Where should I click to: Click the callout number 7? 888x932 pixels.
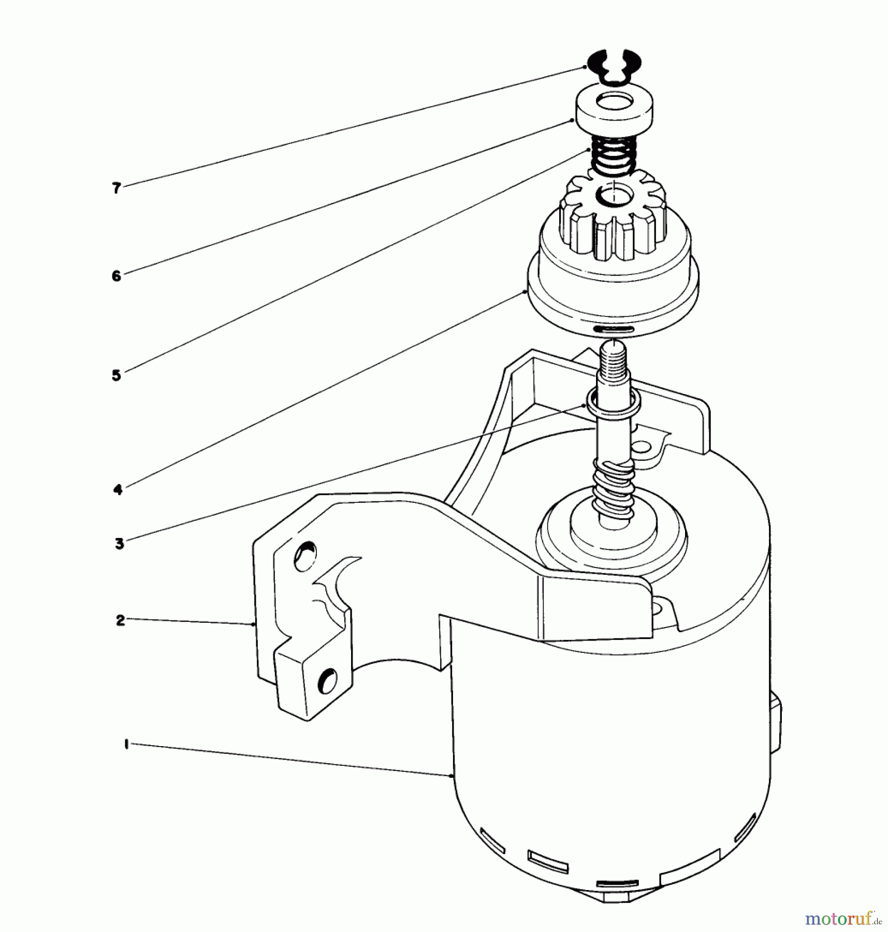(117, 188)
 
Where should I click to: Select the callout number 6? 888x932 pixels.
(117, 275)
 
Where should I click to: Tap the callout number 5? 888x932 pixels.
(117, 375)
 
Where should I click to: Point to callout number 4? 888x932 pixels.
(118, 489)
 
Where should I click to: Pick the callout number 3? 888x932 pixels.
(120, 544)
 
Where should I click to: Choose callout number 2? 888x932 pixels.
(121, 620)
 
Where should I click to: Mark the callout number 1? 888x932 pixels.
(126, 745)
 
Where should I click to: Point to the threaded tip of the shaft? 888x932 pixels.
(614, 357)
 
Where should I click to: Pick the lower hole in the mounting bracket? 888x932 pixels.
(327, 680)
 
